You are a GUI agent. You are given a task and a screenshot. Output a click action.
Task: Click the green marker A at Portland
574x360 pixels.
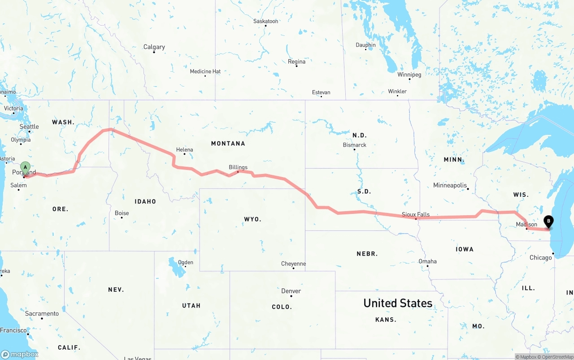click(26, 168)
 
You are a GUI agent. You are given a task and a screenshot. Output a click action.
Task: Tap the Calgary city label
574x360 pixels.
click(154, 47)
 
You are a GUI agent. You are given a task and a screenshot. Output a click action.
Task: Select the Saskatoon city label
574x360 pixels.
click(265, 21)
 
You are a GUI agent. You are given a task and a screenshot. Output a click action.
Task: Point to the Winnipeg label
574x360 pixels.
click(409, 74)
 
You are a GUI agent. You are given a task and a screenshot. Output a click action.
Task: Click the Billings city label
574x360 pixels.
click(238, 167)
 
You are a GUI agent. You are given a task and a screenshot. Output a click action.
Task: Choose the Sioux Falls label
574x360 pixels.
click(416, 214)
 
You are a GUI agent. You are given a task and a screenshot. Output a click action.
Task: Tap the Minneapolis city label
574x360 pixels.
click(450, 185)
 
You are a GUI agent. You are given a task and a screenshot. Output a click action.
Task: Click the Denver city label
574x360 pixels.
click(291, 291)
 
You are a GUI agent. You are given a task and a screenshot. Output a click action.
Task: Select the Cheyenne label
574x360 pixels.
click(293, 264)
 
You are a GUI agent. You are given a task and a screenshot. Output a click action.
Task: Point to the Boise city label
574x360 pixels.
click(122, 213)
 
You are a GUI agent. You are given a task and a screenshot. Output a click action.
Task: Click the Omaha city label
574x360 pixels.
click(427, 261)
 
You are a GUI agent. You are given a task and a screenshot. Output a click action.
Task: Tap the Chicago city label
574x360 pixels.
click(540, 257)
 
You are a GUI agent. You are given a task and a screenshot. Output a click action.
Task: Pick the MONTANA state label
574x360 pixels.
click(228, 143)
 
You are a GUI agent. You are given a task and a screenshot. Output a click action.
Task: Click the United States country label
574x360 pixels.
click(398, 303)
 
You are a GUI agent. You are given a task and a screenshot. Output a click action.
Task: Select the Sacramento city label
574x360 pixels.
click(42, 313)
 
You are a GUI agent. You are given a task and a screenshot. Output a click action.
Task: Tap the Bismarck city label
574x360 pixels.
click(354, 145)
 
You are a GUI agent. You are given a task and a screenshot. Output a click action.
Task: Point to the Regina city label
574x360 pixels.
click(296, 61)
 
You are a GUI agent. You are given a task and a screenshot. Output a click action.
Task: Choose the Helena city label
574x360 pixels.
click(184, 150)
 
